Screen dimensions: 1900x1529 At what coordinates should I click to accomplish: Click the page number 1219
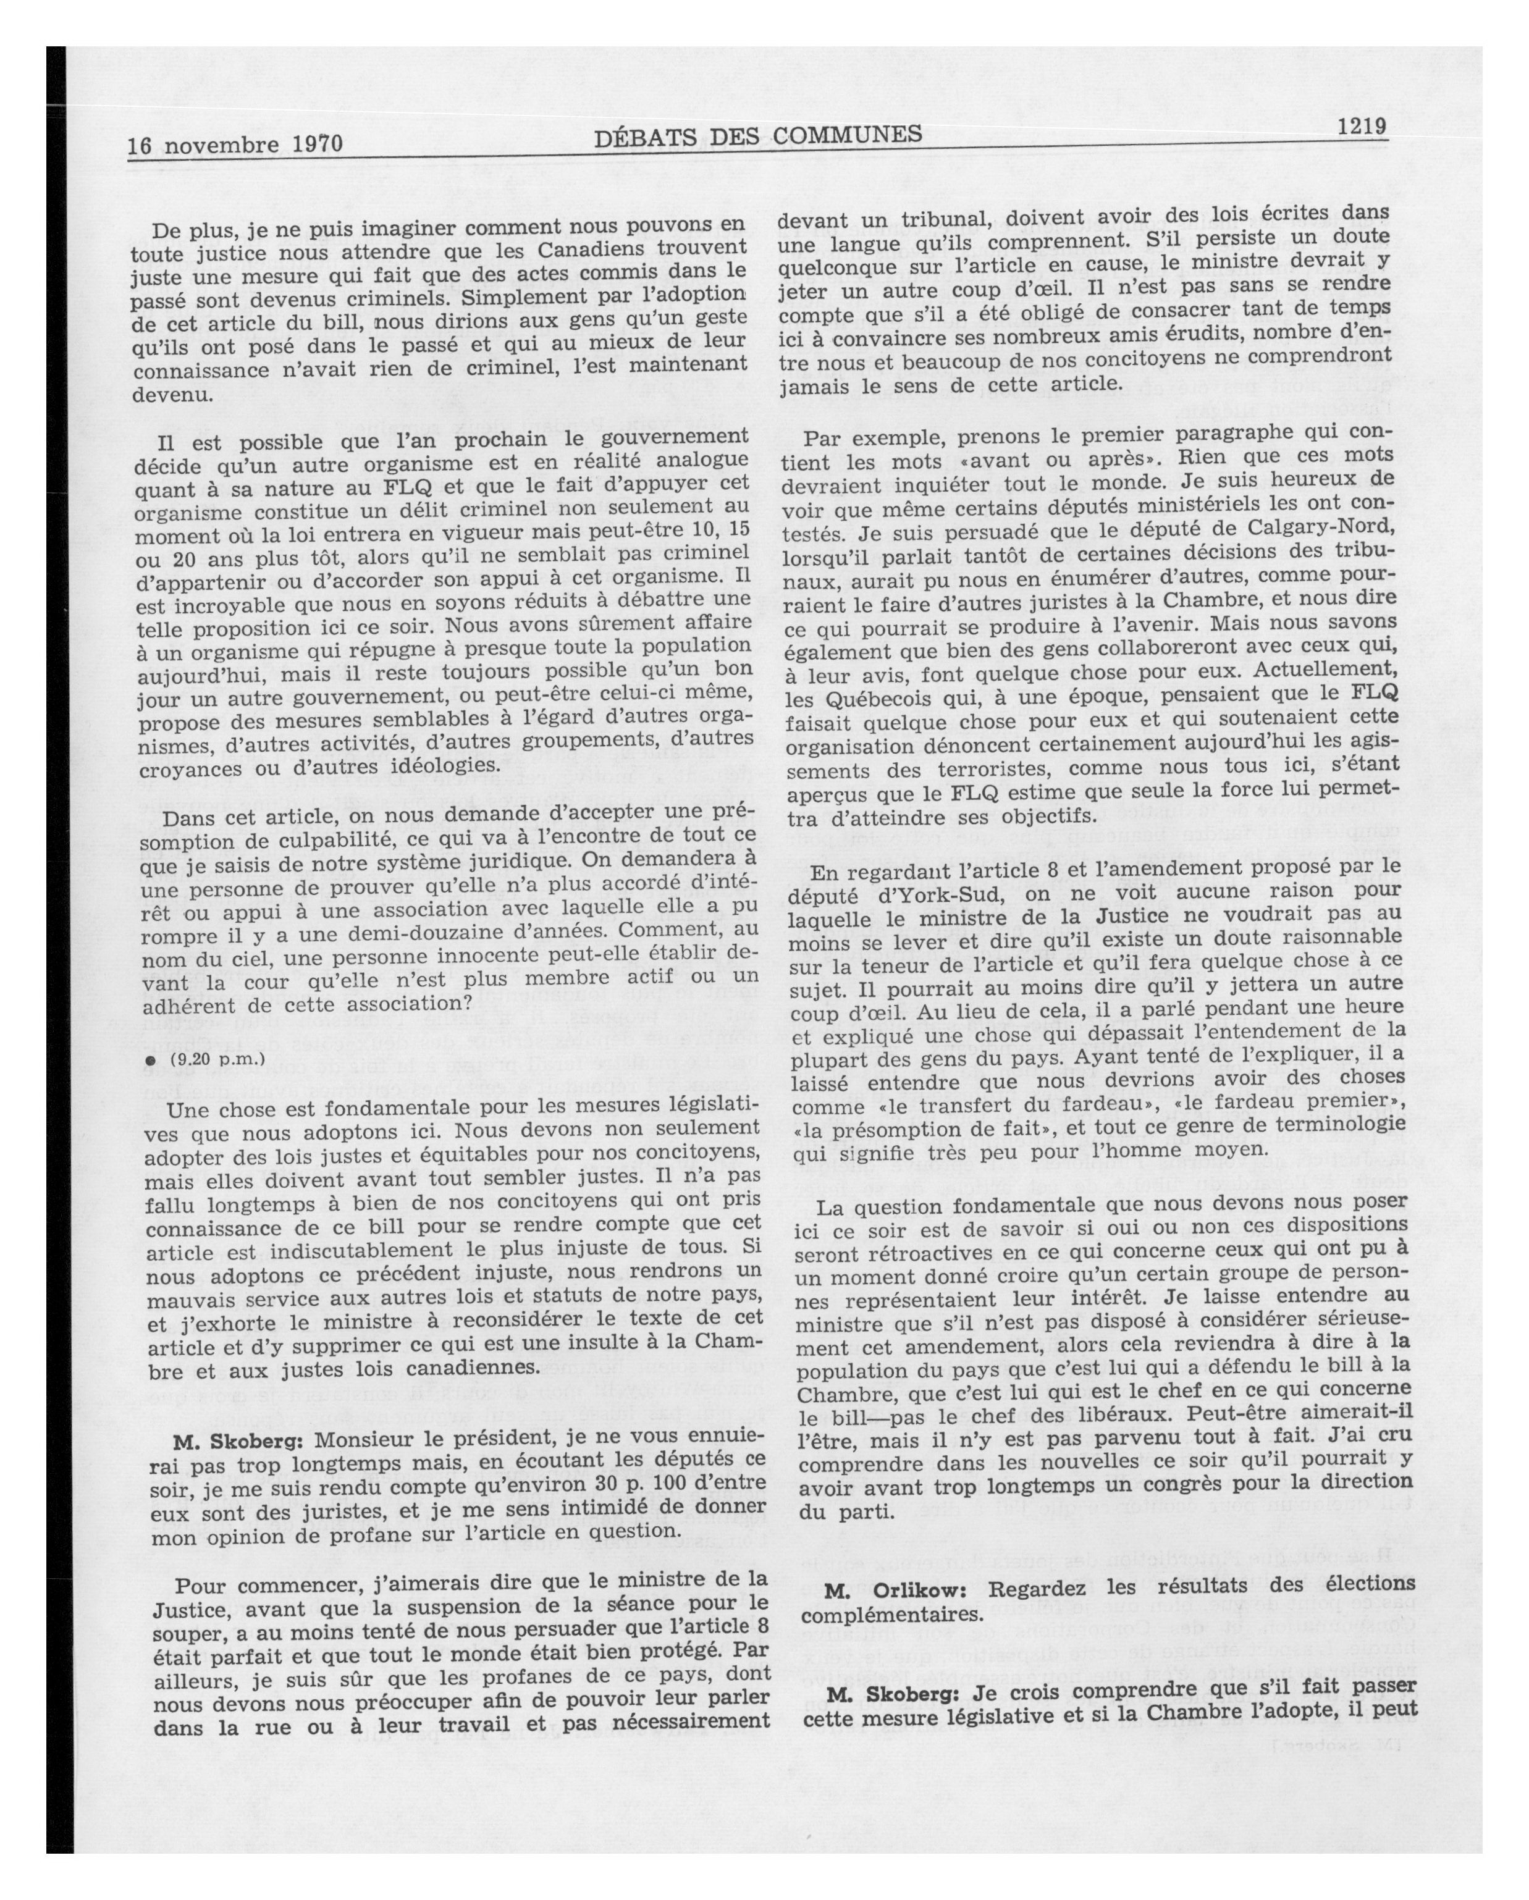1361,126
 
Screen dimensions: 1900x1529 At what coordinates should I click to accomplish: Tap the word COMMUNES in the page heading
847,134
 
